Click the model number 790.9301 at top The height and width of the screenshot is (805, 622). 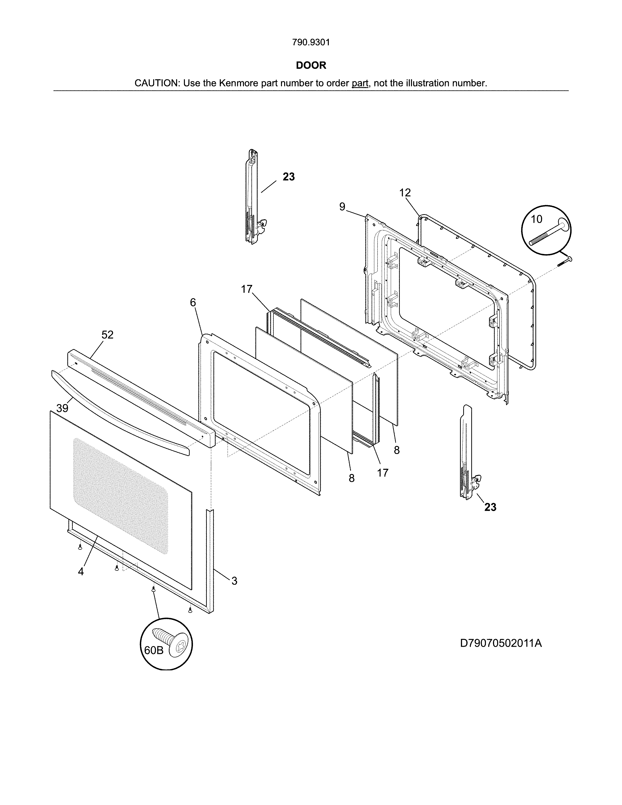pos(311,42)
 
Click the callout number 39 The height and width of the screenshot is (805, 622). pos(62,408)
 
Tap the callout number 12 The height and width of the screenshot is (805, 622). pos(405,192)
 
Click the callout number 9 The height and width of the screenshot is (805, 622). pos(342,207)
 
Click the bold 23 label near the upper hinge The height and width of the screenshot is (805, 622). pos(289,177)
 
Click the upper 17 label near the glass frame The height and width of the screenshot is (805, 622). pos(247,289)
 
